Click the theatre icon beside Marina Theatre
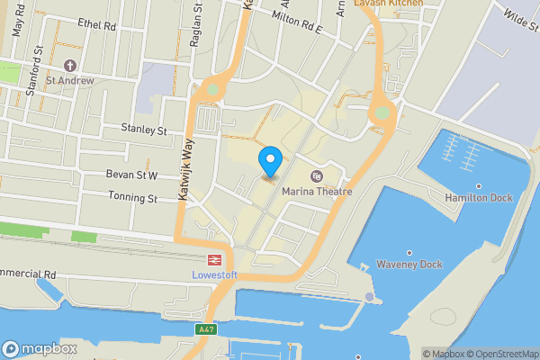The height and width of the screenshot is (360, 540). (x=316, y=175)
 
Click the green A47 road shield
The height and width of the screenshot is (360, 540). (x=206, y=330)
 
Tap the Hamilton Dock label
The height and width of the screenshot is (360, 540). (x=478, y=197)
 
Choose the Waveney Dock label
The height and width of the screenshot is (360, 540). (x=409, y=265)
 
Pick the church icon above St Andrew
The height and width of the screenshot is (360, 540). (x=72, y=66)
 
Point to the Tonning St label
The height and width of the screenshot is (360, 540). (x=133, y=198)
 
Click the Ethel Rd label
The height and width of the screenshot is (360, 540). (x=97, y=25)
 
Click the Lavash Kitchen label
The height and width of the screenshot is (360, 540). (x=388, y=4)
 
